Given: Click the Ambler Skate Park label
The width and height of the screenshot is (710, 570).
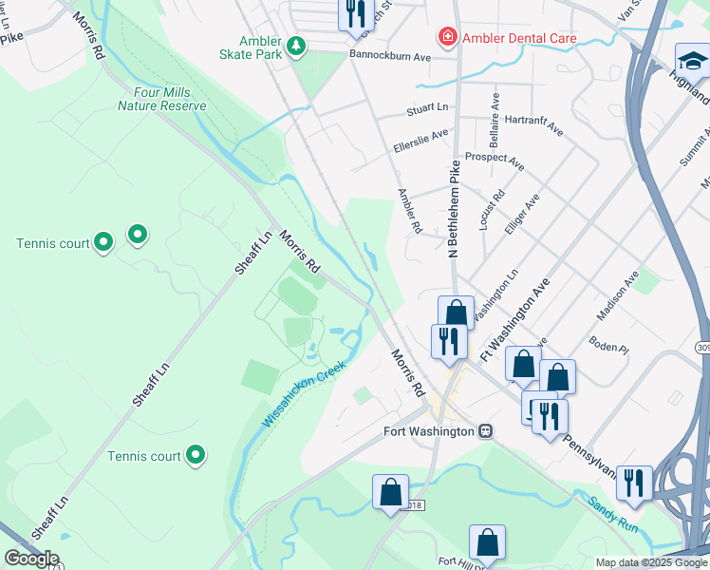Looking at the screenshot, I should pos(259,47).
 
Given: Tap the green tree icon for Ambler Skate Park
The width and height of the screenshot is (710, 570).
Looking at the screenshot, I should pos(296,45).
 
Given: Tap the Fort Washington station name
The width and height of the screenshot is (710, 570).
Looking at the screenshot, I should pos(428,431).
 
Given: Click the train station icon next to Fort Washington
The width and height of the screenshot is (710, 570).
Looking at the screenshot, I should pos(486,431).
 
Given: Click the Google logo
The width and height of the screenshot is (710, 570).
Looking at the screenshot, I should pos(31,559).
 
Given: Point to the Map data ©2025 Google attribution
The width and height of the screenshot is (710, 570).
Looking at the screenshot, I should pos(650,562).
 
